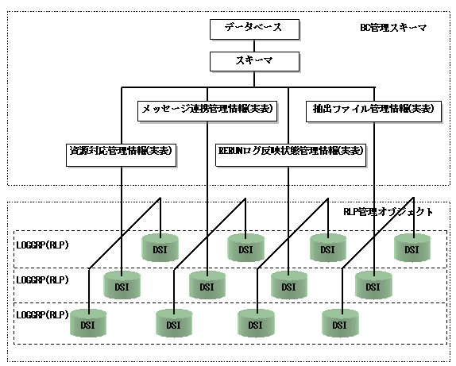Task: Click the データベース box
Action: [x=254, y=29]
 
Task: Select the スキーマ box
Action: [x=254, y=61]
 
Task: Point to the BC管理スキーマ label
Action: [x=393, y=28]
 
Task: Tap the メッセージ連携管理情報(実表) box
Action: [x=207, y=111]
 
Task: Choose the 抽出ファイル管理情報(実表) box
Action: [x=373, y=111]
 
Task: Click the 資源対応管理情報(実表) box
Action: [x=121, y=156]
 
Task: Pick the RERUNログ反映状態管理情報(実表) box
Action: [x=291, y=156]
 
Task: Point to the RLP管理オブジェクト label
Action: [x=388, y=212]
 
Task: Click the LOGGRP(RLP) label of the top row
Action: [x=42, y=245]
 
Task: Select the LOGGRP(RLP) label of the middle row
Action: [x=42, y=280]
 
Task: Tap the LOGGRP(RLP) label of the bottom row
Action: [x=42, y=315]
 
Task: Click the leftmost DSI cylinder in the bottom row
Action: [x=88, y=323]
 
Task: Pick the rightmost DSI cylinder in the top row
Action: [x=412, y=248]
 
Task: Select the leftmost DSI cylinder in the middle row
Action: [x=122, y=285]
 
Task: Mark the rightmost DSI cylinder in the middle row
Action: [x=373, y=285]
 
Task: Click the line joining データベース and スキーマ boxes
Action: [x=254, y=45]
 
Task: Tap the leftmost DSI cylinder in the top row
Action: [x=160, y=248]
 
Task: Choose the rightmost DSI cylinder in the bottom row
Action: [x=340, y=323]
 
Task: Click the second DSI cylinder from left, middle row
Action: [x=207, y=285]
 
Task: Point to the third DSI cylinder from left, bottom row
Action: [x=256, y=323]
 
